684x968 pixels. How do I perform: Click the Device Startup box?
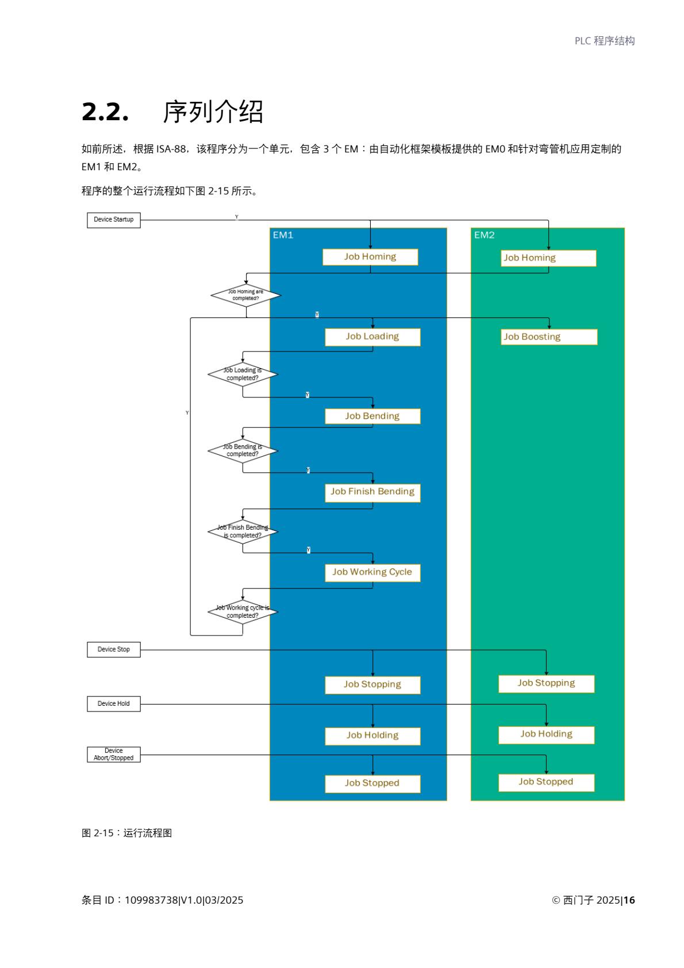point(113,220)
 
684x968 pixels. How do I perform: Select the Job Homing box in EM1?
point(370,257)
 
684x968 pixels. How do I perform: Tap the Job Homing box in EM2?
point(548,258)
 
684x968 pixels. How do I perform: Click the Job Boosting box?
point(548,337)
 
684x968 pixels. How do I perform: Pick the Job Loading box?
point(372,337)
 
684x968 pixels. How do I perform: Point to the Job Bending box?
point(372,416)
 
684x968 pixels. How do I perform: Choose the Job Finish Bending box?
point(372,492)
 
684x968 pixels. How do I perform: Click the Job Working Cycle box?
point(372,572)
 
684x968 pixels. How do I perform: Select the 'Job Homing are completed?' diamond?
point(245,295)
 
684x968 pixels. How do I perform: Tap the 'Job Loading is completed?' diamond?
point(243,374)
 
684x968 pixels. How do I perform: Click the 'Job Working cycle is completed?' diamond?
point(243,612)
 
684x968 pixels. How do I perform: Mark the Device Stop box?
point(113,649)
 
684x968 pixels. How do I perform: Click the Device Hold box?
point(113,704)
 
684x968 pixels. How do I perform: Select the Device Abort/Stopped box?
point(113,755)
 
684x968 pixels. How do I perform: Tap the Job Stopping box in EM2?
point(546,683)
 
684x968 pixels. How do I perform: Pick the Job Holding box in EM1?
point(372,736)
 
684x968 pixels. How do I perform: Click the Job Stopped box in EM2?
point(546,782)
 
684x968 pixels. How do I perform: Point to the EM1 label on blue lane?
point(283,235)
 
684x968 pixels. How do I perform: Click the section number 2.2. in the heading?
point(105,112)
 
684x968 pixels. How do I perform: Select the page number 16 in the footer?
point(629,900)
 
